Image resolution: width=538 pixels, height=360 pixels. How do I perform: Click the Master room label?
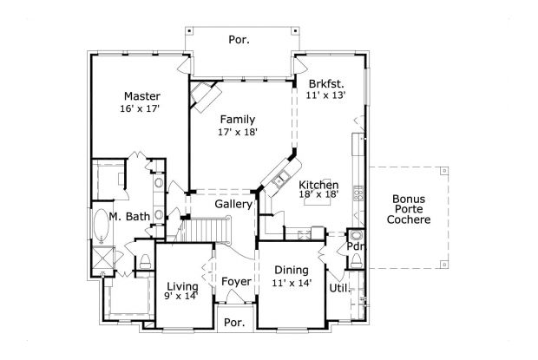click(140, 96)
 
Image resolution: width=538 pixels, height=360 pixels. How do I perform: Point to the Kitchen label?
click(318, 186)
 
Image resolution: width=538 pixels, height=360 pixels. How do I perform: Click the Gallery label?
click(233, 204)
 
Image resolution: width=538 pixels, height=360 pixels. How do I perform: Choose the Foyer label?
click(235, 282)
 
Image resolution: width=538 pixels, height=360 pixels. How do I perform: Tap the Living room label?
click(182, 286)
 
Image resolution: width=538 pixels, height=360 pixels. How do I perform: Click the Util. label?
click(338, 287)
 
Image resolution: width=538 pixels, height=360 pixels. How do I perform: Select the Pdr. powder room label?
click(355, 247)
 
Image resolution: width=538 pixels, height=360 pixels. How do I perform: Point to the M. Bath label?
click(129, 217)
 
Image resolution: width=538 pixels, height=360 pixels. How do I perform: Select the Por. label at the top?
click(239, 39)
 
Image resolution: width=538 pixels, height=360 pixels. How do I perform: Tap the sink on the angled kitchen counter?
click(280, 180)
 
